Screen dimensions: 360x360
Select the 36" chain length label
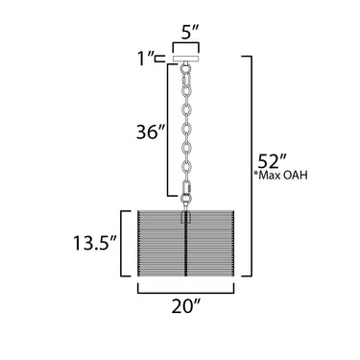point(151,132)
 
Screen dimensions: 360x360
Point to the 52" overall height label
point(271,161)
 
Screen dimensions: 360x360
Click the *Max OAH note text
point(280,175)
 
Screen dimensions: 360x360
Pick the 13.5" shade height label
point(94,243)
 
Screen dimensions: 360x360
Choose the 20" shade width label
point(186,306)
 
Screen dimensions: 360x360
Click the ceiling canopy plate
point(186,59)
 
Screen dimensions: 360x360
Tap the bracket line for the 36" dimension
point(168,130)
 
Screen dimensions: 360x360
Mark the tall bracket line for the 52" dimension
point(252,166)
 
